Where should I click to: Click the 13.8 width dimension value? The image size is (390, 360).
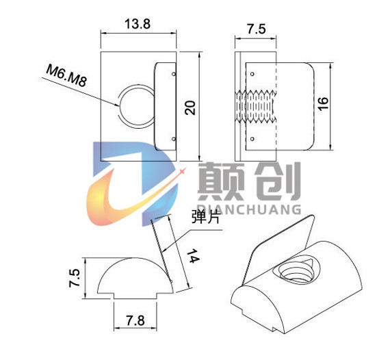tap(138, 24)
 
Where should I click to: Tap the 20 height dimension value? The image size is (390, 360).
tap(190, 107)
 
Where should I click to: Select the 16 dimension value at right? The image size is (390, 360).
tap(322, 103)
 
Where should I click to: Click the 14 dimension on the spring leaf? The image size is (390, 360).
tap(193, 255)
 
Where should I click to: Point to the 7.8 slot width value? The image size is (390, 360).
tap(135, 320)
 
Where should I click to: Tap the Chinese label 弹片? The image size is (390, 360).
tap(205, 216)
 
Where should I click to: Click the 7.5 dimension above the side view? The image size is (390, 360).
tap(256, 29)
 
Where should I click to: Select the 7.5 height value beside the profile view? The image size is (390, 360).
tap(75, 278)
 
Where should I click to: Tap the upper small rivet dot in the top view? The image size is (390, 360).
tap(174, 74)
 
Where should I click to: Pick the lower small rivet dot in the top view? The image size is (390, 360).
tap(174, 139)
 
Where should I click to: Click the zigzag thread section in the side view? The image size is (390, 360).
tap(256, 107)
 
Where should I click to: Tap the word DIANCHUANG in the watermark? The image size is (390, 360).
tap(249, 209)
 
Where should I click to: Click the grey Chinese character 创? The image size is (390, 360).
tap(278, 181)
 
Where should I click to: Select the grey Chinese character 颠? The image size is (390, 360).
tap(220, 181)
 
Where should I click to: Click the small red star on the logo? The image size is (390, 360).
tap(183, 171)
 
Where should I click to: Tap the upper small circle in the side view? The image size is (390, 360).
tap(252, 74)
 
